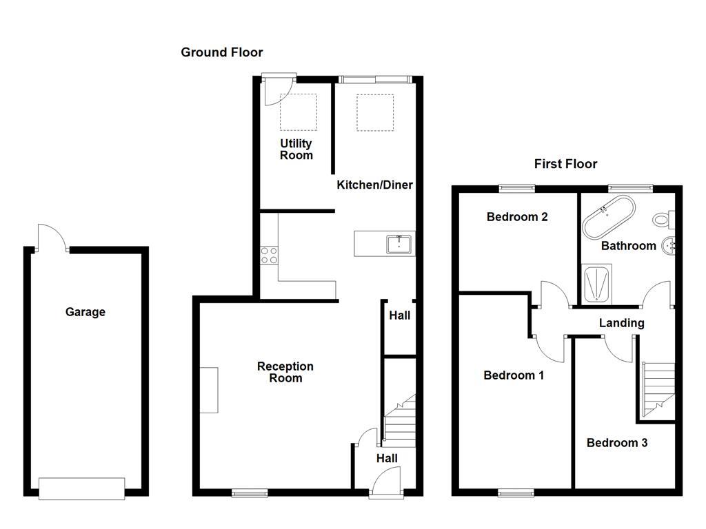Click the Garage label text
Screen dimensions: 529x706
85,312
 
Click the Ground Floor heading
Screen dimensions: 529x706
221,52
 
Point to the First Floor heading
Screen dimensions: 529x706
565,164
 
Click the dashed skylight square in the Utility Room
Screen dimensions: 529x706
298,112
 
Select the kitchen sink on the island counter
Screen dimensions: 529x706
399,245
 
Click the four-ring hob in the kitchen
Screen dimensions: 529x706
268,255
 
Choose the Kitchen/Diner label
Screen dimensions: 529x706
374,185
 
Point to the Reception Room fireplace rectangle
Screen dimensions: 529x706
209,391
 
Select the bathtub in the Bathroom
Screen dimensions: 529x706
608,216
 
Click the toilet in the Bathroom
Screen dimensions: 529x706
664,220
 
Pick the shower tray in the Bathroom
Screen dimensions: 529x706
596,285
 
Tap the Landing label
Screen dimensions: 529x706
621,323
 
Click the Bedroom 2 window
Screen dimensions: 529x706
517,187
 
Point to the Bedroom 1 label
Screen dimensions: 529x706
514,375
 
